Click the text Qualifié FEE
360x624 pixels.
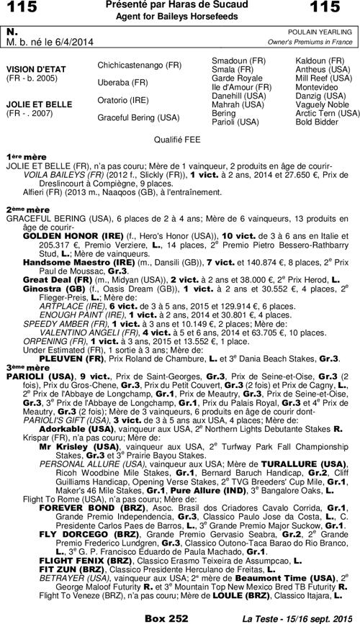180,137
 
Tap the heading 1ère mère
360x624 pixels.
22,155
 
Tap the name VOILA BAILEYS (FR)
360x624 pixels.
63,174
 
